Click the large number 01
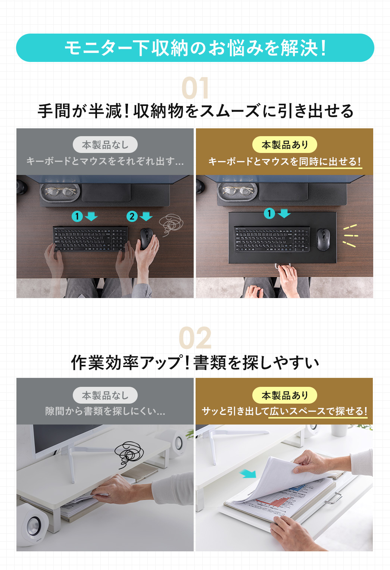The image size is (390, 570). point(195,88)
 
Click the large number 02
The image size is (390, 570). point(195,338)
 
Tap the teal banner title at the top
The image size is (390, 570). point(195,48)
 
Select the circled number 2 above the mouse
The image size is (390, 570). point(132,216)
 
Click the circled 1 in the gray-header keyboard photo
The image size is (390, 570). point(77,216)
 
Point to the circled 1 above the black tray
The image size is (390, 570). point(269,213)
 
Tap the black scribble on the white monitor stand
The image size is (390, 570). point(129,453)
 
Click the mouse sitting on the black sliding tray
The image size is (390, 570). point(323,239)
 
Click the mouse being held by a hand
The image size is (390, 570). point(146,239)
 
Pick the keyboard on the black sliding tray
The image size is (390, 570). point(272,239)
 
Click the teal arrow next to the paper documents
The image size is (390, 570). point(248,474)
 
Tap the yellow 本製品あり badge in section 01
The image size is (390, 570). point(284,145)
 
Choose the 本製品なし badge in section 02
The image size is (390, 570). point(105,395)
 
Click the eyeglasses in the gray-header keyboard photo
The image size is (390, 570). point(60,192)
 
